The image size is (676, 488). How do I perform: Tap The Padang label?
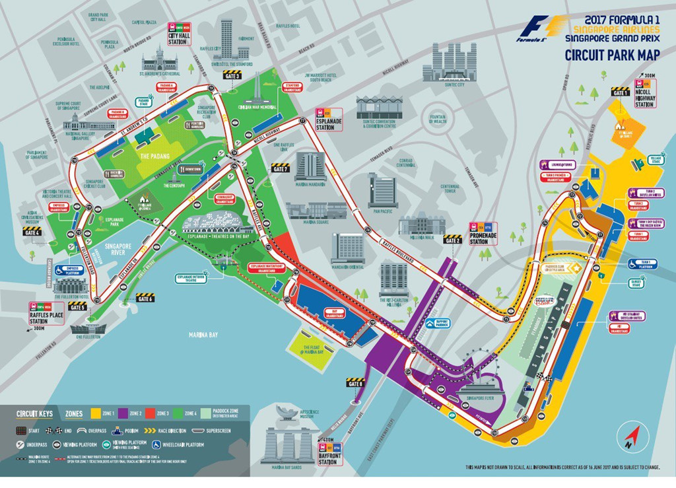coord(154,156)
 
